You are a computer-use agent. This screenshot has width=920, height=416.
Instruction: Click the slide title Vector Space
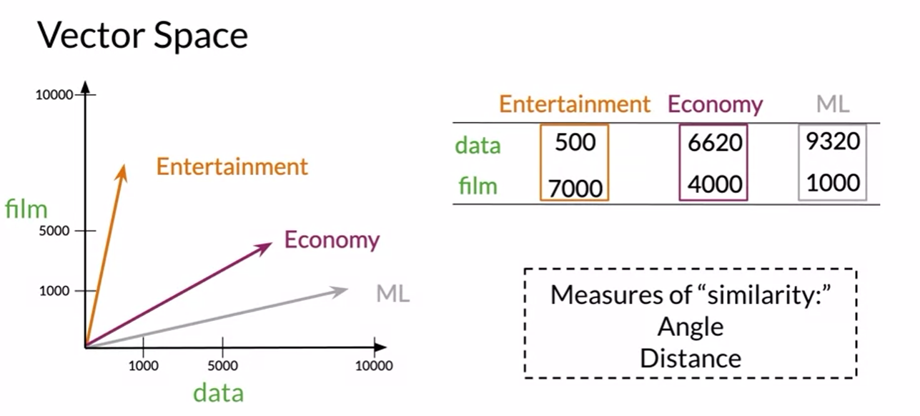142,35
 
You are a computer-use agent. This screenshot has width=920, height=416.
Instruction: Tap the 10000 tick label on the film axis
54,95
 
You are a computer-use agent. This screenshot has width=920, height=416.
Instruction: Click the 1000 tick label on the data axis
143,365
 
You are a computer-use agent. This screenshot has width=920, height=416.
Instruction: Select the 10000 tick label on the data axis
374,365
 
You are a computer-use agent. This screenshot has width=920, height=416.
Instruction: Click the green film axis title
26,209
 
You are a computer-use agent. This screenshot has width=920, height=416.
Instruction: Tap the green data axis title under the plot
219,392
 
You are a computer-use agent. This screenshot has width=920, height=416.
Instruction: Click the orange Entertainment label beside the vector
232,167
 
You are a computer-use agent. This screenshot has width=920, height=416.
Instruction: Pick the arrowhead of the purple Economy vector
267,246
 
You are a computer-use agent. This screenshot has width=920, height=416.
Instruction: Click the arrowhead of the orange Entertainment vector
123,169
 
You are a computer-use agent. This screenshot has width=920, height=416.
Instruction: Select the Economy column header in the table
715,105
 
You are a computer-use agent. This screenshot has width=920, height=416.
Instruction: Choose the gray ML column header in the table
833,104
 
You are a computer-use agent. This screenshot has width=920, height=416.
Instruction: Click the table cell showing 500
575,142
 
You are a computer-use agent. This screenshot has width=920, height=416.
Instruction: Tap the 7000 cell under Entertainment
575,188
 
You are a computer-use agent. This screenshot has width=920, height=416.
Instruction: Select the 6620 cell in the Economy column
715,143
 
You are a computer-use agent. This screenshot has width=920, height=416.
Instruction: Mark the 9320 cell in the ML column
833,142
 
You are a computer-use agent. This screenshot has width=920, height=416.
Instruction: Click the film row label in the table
478,187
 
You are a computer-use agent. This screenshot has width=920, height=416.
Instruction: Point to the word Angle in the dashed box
691,327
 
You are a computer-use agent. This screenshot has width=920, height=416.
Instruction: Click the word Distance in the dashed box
691,357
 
